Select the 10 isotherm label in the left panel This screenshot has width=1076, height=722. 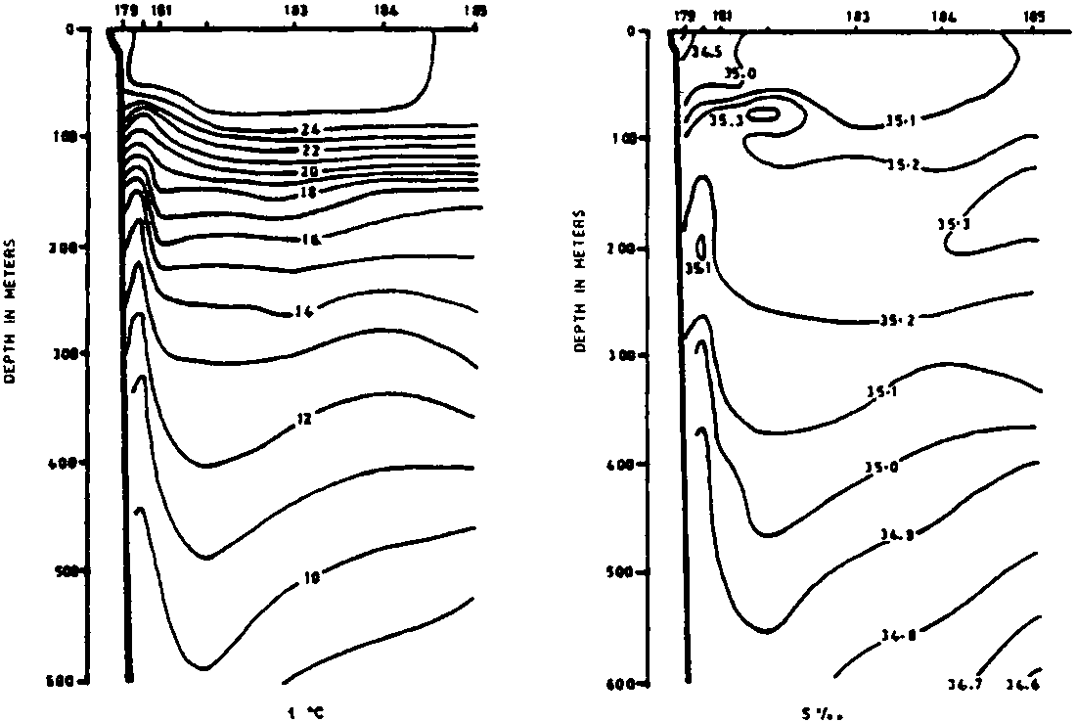pos(311,579)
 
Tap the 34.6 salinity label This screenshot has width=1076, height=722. pos(1026,684)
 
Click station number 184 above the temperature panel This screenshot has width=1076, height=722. pos(385,11)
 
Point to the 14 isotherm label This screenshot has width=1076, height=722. pos(303,312)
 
